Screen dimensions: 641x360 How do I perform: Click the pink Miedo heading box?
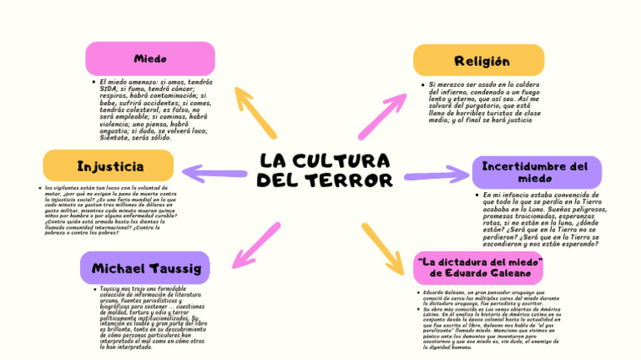click(x=150, y=58)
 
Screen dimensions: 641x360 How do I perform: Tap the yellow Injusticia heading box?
click(x=109, y=166)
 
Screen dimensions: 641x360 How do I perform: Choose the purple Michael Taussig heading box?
click(x=145, y=268)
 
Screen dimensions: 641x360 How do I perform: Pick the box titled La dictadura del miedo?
click(x=479, y=267)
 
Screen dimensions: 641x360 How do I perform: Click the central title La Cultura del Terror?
click(x=324, y=170)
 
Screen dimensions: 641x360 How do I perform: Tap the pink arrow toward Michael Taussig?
click(x=256, y=246)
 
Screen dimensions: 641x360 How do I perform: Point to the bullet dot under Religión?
click(x=422, y=85)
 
